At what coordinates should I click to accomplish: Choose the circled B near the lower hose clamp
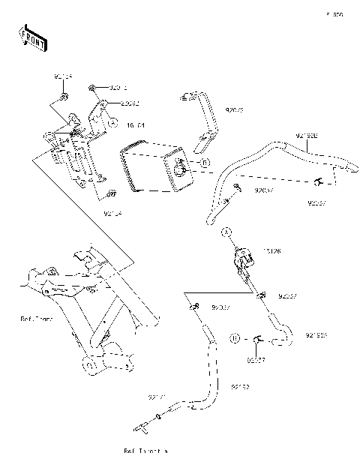point(234,339)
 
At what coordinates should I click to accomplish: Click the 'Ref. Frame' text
point(35,319)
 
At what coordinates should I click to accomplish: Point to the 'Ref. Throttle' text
point(146,451)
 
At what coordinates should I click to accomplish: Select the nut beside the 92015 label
point(91,88)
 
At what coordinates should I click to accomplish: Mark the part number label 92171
point(157,395)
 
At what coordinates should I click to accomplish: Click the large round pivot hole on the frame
point(88,366)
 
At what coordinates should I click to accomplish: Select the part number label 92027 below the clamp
point(256,361)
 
